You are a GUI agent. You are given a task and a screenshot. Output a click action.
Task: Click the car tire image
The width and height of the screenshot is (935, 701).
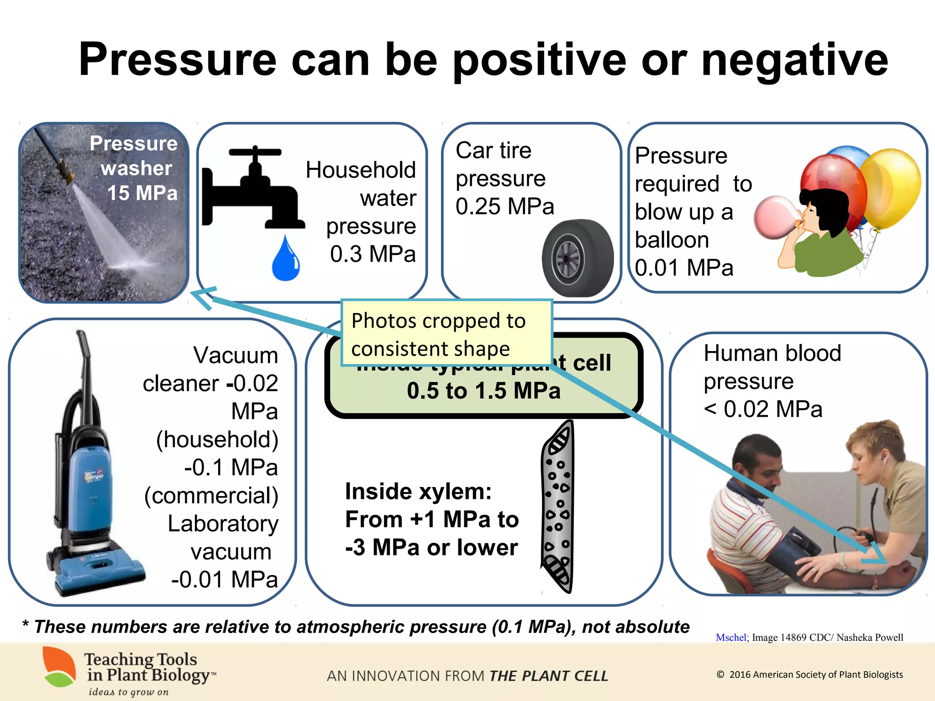click(x=578, y=258)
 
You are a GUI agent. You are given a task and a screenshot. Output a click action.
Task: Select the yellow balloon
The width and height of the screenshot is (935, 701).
click(x=890, y=187)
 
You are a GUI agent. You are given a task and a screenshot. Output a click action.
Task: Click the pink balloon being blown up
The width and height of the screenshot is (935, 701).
click(x=774, y=217)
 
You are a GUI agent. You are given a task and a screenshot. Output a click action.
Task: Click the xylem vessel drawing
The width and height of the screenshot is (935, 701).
click(x=558, y=507)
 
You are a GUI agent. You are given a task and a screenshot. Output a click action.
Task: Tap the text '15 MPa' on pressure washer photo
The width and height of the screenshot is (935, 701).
click(x=142, y=193)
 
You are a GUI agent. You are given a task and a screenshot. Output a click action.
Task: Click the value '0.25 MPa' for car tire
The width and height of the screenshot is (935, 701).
click(x=504, y=206)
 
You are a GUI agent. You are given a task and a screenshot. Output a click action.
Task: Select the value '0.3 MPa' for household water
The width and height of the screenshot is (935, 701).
click(x=373, y=254)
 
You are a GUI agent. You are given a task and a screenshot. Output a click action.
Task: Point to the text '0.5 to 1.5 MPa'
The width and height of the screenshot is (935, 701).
click(x=483, y=391)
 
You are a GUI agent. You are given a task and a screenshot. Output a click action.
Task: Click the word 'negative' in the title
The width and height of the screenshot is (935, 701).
click(x=794, y=59)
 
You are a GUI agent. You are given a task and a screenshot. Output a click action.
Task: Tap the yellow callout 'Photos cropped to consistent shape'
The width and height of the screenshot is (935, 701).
click(x=446, y=333)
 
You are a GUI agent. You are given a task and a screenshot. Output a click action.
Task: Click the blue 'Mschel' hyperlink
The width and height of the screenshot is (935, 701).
click(x=730, y=638)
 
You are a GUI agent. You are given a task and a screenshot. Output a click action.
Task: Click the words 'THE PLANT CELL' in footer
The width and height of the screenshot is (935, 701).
click(x=548, y=676)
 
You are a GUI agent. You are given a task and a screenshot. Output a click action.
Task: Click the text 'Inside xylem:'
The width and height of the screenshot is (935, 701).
click(x=418, y=492)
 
